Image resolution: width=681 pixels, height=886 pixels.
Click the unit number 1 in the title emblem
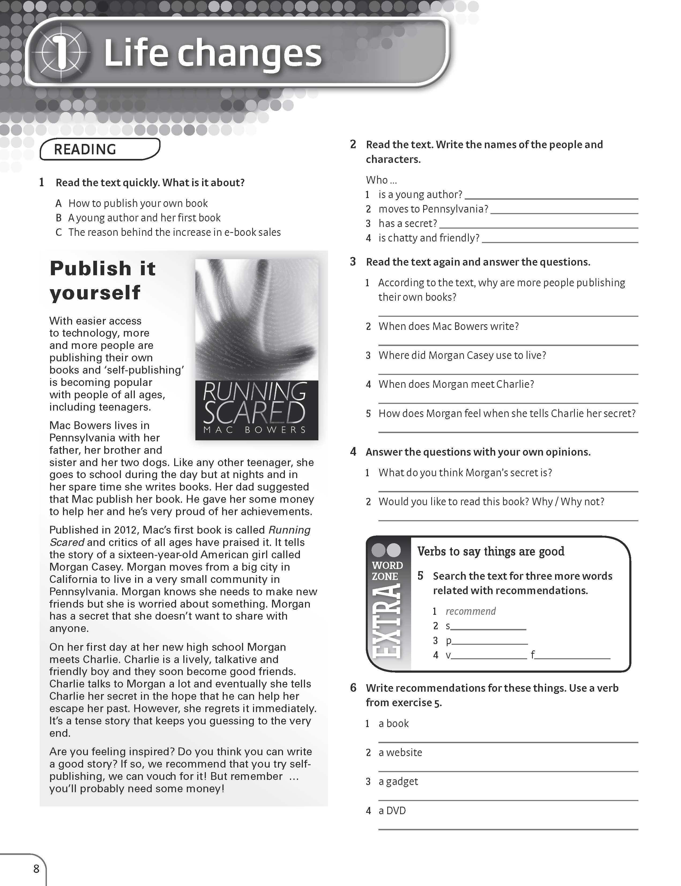(61, 53)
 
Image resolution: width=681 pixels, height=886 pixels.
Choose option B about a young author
(144, 218)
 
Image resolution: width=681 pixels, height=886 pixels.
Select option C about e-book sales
(174, 232)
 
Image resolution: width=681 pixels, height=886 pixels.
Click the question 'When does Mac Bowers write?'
(448, 326)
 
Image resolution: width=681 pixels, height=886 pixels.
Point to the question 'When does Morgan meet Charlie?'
(456, 384)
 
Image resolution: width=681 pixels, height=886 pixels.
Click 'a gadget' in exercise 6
(398, 781)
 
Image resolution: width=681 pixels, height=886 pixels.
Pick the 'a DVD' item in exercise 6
(392, 811)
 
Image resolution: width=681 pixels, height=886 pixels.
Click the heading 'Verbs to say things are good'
(490, 551)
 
